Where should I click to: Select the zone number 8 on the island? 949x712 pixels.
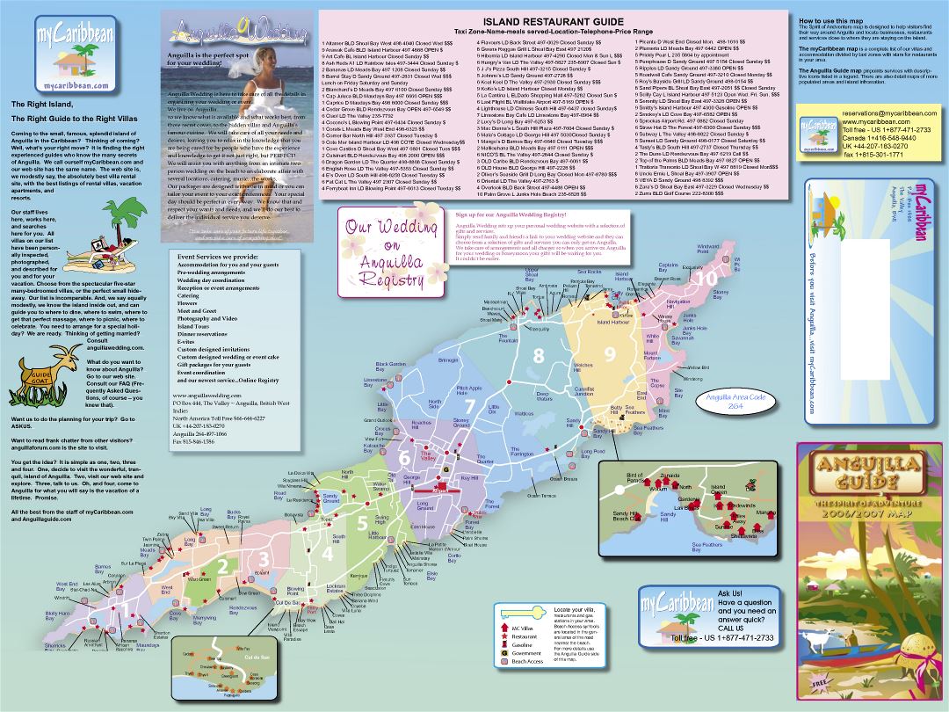coord(539,356)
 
